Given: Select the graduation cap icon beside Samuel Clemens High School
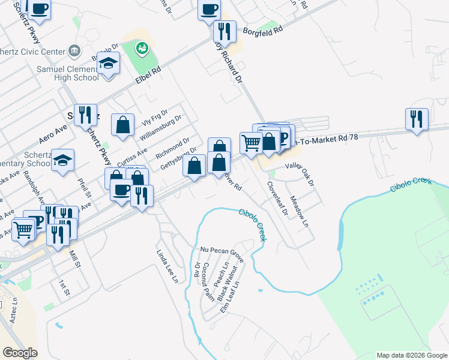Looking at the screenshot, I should (x=108, y=64).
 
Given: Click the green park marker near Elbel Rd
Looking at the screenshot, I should (x=142, y=47).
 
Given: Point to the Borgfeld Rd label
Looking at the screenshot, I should (x=262, y=29).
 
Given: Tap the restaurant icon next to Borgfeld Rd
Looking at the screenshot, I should (x=224, y=31).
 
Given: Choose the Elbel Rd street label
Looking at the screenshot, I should (x=148, y=75).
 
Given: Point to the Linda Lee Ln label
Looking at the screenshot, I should (x=168, y=266).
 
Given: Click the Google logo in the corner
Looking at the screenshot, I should (x=20, y=352).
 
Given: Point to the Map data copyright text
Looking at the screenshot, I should (x=412, y=355).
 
